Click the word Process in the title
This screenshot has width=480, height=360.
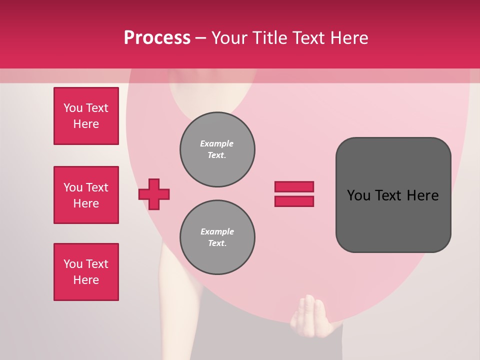[157, 38]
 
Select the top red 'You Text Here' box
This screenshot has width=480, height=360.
[86, 116]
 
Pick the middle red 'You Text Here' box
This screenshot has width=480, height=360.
[86, 195]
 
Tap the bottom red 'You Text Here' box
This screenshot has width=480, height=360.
[86, 272]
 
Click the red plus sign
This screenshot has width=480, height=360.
[154, 194]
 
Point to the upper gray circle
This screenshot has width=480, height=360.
[217, 149]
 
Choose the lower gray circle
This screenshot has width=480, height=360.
[217, 237]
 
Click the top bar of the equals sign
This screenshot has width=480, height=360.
[294, 186]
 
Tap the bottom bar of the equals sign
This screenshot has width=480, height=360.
[294, 201]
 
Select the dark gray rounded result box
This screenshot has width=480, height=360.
[393, 195]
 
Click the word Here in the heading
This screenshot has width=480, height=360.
[349, 38]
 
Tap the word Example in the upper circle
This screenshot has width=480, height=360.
[217, 143]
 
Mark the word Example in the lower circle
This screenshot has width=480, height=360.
[217, 231]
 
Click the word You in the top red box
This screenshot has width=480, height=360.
[73, 108]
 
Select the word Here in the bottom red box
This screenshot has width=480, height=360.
[86, 280]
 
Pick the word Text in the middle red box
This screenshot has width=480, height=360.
[96, 187]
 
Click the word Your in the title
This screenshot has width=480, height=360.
[231, 38]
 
